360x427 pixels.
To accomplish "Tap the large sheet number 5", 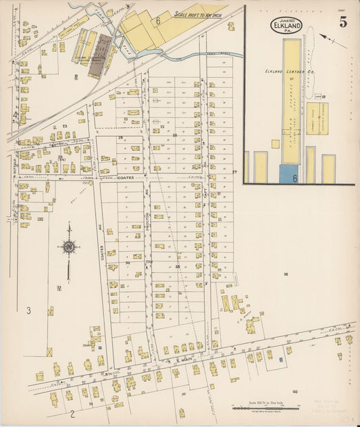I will (x=343, y=22).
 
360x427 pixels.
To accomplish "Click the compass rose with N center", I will (x=68, y=248).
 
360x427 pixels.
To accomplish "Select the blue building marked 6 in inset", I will (x=290, y=174).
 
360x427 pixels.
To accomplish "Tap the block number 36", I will (x=286, y=274).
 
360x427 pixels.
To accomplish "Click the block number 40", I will (x=294, y=391).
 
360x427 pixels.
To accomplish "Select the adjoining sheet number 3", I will (x=28, y=311).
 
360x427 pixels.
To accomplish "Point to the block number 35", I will (x=178, y=267).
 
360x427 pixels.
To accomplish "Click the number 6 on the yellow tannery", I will (x=158, y=21).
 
